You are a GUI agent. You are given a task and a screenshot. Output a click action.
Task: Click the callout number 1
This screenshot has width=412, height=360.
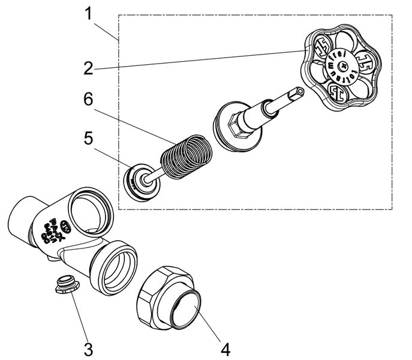click(x=88, y=13)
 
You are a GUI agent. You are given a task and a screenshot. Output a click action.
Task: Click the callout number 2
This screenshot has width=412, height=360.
click(x=88, y=68)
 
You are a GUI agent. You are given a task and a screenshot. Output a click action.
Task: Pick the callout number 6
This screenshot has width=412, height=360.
click(x=88, y=100)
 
